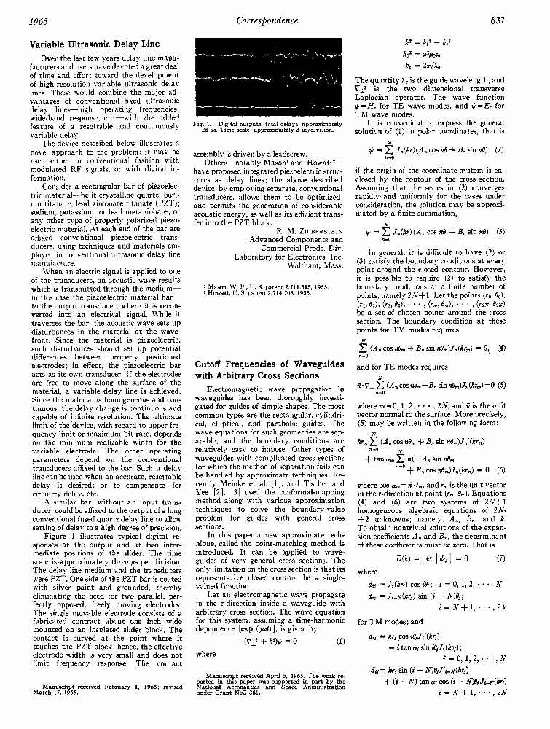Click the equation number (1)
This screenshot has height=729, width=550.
[x=340, y=641]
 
